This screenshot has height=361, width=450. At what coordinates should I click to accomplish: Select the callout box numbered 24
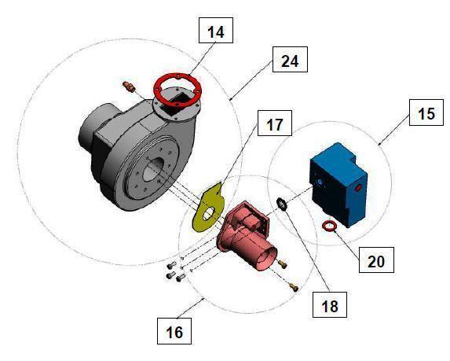(x=290, y=61)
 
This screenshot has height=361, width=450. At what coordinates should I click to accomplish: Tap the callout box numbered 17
(x=274, y=124)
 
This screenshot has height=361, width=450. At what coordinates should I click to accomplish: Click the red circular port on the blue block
(x=360, y=190)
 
